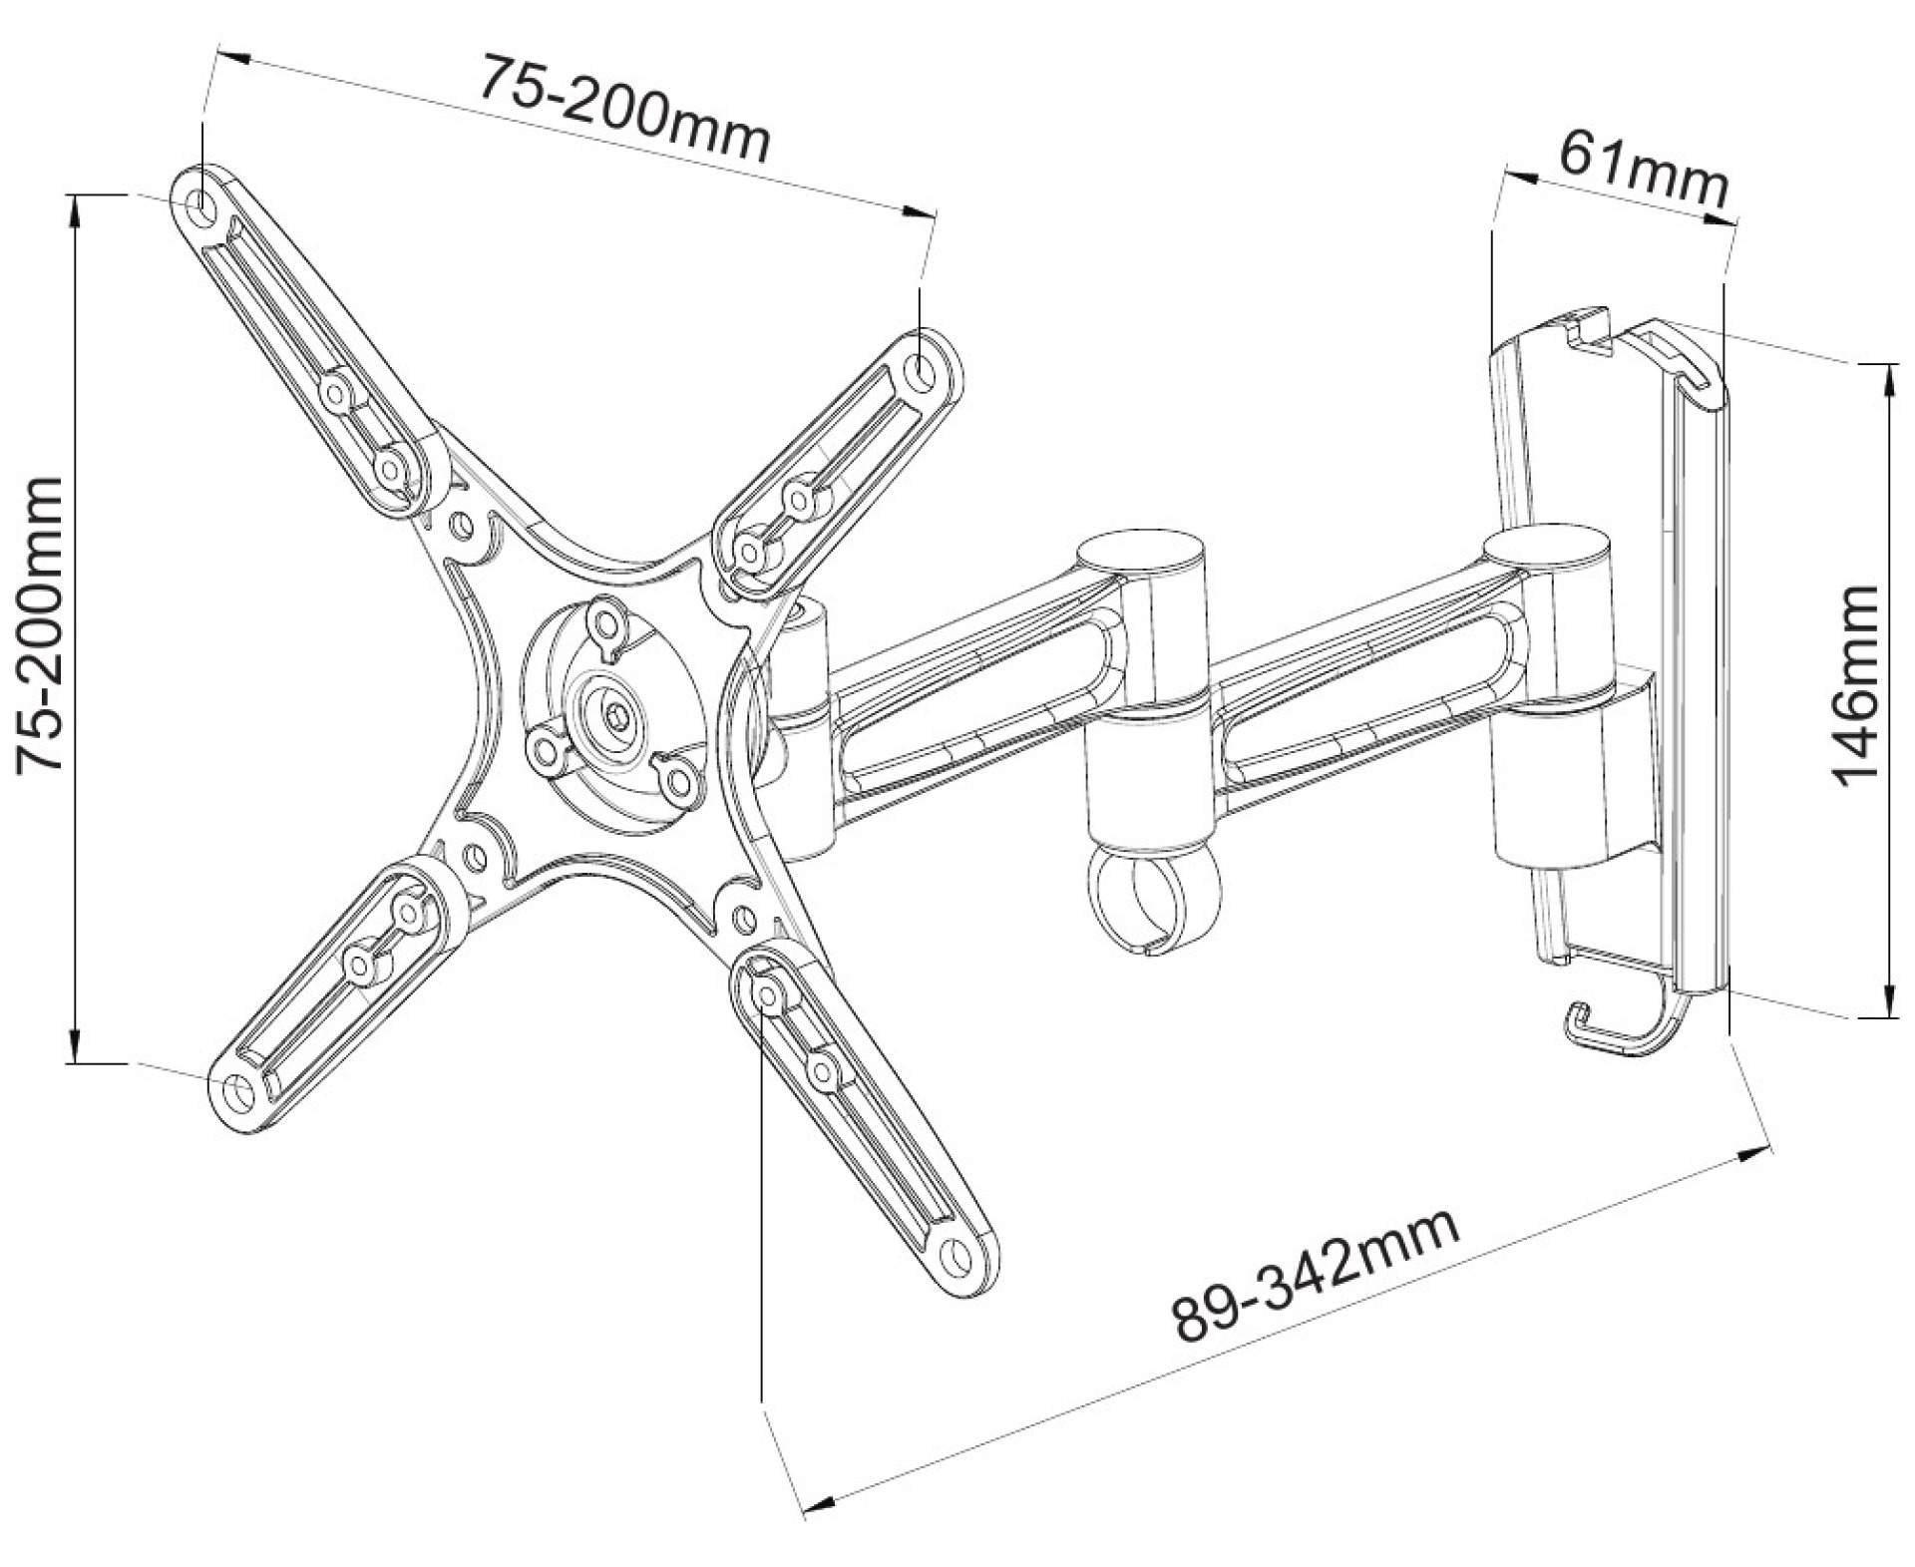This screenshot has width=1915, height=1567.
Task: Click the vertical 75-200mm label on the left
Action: pyautogui.click(x=42, y=624)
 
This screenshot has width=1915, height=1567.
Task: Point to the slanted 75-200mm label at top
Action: pyautogui.click(x=625, y=110)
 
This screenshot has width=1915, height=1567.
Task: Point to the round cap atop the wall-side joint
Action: pyautogui.click(x=1545, y=550)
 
